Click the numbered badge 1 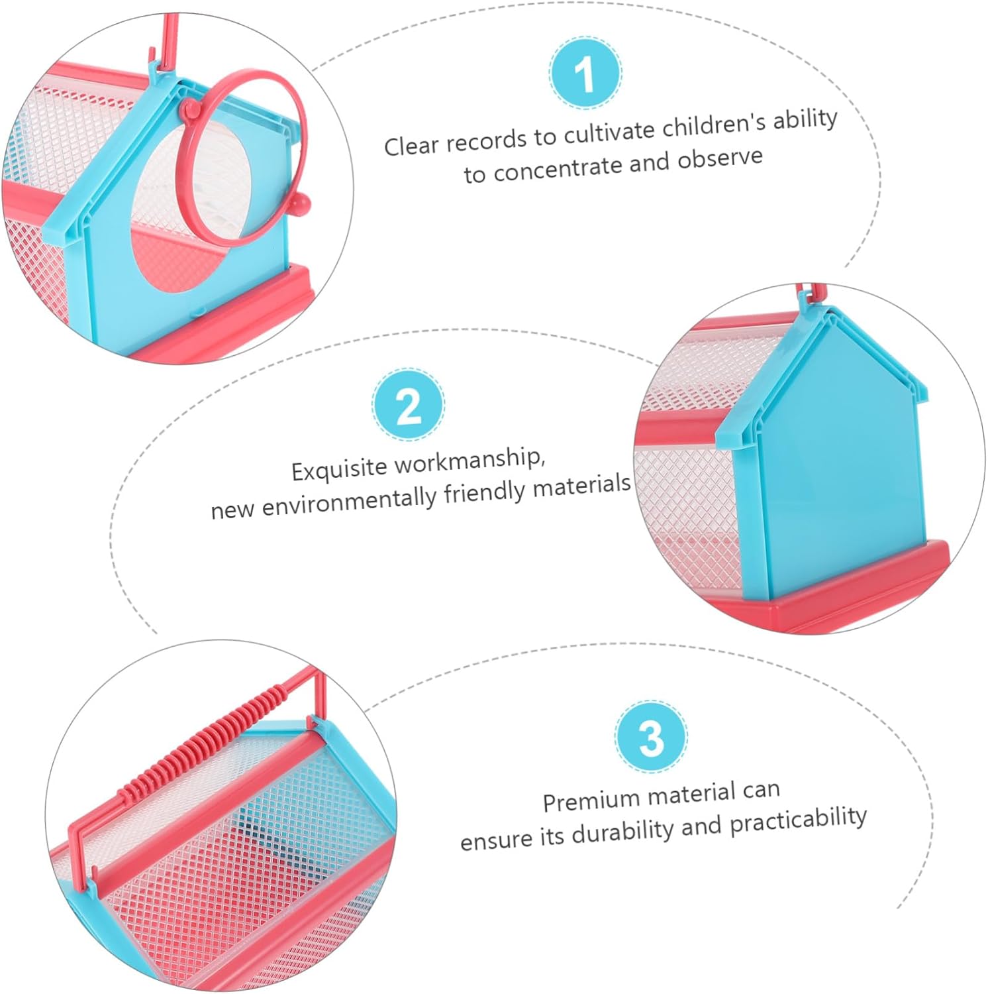pos(585,74)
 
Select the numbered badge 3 pos(651,736)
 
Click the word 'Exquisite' pos(339,468)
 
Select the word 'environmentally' pos(350,500)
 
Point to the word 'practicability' pos(798,820)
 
